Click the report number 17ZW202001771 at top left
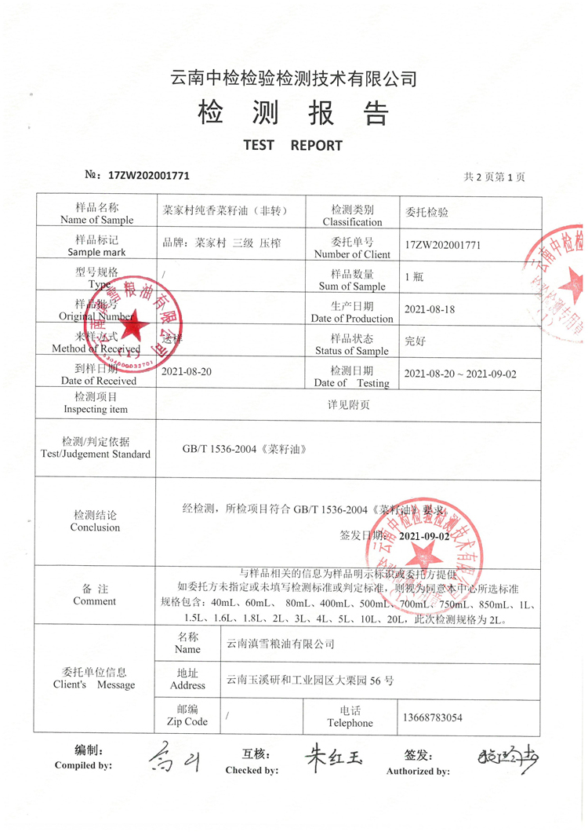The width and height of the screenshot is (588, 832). click(x=149, y=177)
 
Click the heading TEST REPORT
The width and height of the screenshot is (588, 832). click(x=292, y=145)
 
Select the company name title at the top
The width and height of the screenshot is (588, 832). click(x=293, y=78)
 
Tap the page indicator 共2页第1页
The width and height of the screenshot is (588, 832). click(x=494, y=177)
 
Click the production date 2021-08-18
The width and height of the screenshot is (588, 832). click(x=429, y=309)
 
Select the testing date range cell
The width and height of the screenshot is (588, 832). click(x=459, y=374)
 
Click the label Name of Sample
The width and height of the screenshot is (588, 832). click(x=96, y=220)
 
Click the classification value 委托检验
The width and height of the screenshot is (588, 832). click(x=426, y=212)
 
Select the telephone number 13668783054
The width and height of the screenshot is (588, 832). click(x=431, y=717)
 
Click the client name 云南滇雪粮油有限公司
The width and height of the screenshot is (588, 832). click(x=280, y=644)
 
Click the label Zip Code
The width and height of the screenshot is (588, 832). click(x=187, y=721)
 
